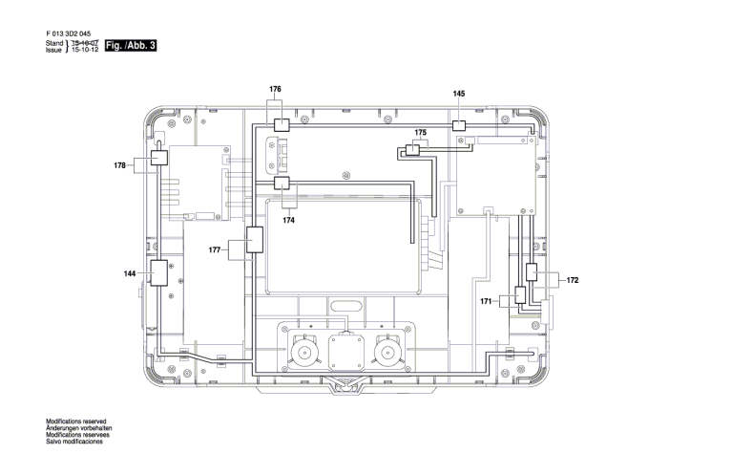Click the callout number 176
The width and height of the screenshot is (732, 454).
tap(275, 89)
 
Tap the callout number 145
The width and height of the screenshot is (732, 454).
tap(459, 94)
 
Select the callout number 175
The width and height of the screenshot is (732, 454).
tap(420, 133)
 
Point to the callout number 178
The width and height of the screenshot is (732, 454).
tap(119, 165)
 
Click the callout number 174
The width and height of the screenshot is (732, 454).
tap(288, 220)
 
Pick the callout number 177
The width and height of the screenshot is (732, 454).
tap(215, 250)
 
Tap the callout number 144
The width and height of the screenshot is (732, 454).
tap(129, 273)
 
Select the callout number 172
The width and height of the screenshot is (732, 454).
tap(573, 280)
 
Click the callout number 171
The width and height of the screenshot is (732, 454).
tap(486, 302)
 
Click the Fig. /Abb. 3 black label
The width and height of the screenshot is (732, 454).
tap(130, 45)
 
